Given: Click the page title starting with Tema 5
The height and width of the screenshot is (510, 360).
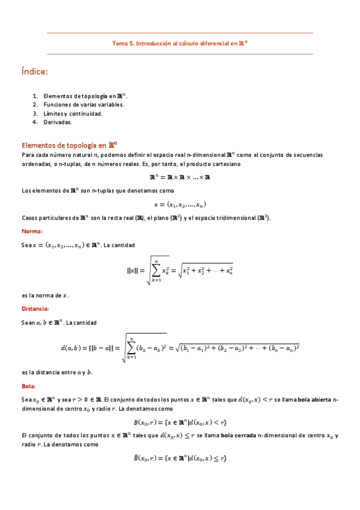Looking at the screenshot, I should tap(180, 43).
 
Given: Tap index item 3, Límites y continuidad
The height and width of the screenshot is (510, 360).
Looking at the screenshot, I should tap(73, 113).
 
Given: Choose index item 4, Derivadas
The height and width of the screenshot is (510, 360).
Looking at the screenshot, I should tap(58, 122).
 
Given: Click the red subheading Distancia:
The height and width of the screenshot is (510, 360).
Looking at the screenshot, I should tap(35, 309).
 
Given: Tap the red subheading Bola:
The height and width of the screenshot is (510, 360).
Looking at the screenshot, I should tap(28, 386).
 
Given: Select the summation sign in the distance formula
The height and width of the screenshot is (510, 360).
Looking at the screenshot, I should tap(133, 348).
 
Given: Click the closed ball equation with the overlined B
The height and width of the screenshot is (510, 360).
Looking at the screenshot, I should tap(180, 458).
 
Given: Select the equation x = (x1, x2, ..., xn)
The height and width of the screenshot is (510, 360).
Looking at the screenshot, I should tap(180, 204).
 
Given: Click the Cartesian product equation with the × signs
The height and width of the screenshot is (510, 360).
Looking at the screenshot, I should tap(180, 177).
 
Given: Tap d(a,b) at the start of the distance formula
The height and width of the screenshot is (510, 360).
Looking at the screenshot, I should tap(72, 348).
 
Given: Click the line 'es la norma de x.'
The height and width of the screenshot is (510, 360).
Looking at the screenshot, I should tap(45, 295).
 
